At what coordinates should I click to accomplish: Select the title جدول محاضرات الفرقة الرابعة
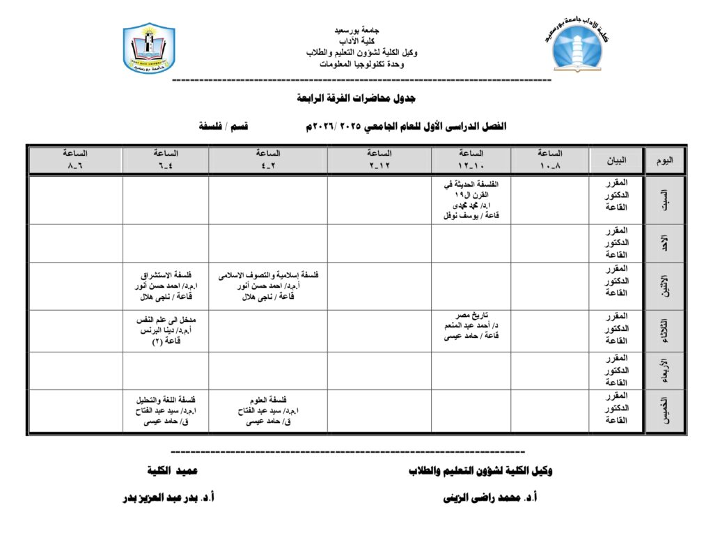[x=356, y=98]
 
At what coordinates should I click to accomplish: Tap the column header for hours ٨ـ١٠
[x=549, y=160]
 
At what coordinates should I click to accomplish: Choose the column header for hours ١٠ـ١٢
[x=470, y=160]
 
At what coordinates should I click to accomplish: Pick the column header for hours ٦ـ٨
[x=75, y=160]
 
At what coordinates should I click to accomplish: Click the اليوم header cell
[x=664, y=160]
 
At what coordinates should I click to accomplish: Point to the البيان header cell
[x=616, y=160]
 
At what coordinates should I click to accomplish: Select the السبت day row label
[x=664, y=200]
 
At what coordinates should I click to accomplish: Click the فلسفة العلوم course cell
[x=267, y=411]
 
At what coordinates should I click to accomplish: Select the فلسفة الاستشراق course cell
[x=165, y=286]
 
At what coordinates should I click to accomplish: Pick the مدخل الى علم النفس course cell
[x=165, y=330]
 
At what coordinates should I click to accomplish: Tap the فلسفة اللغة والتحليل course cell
[x=165, y=411]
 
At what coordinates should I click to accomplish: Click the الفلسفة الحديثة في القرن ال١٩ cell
[x=470, y=200]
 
